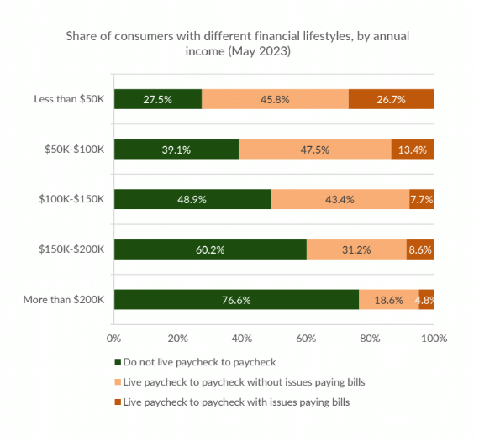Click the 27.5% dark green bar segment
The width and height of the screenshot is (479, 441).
coord(157,99)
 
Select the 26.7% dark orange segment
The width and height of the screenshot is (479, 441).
coord(391,99)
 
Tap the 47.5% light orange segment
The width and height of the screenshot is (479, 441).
coord(315,150)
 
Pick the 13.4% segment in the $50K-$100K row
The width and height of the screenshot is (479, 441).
coord(413,150)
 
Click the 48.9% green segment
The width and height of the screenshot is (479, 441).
coord(192,199)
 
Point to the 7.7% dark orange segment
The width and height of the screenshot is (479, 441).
coord(422,199)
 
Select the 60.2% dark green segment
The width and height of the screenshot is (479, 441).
coord(210,249)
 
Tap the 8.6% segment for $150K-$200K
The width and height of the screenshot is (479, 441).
coord(420,249)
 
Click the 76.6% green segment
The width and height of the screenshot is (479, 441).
coord(236,300)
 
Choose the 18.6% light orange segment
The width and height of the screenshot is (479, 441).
coord(388,300)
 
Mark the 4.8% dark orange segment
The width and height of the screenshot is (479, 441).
coord(427,300)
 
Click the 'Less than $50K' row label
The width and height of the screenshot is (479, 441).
coord(69,99)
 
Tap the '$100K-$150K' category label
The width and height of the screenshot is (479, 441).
coord(73,199)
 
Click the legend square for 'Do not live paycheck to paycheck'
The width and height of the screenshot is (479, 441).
coord(118,363)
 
